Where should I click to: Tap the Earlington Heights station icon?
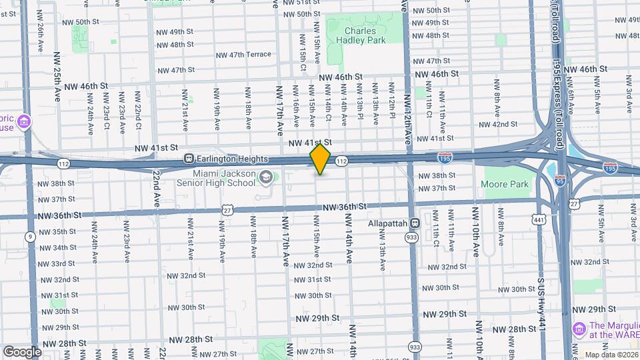click(x=189, y=159)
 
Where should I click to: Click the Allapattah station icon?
click(x=415, y=223)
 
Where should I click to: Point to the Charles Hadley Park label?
click(x=365, y=35)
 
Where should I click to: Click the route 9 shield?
click(x=30, y=237)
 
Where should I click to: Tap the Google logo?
click(x=22, y=351)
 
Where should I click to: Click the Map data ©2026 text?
click(x=611, y=355)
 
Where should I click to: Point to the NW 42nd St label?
click(x=496, y=124)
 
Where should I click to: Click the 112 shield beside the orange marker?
click(x=341, y=161)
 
